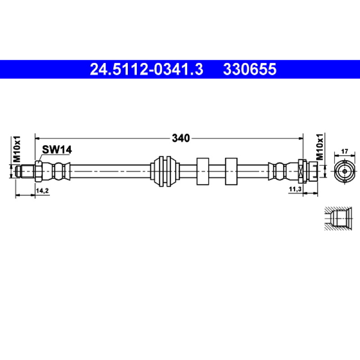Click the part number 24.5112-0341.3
pos(147,69)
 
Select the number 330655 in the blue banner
pos(250,69)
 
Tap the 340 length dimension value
pos(181,138)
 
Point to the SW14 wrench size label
pos(57,150)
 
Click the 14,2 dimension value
pos(42,190)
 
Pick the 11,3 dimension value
pos(295,189)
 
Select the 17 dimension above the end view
pos(344,152)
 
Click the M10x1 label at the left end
pos(17,149)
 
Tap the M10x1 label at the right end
pos(319,147)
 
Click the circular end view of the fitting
pos(345,171)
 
